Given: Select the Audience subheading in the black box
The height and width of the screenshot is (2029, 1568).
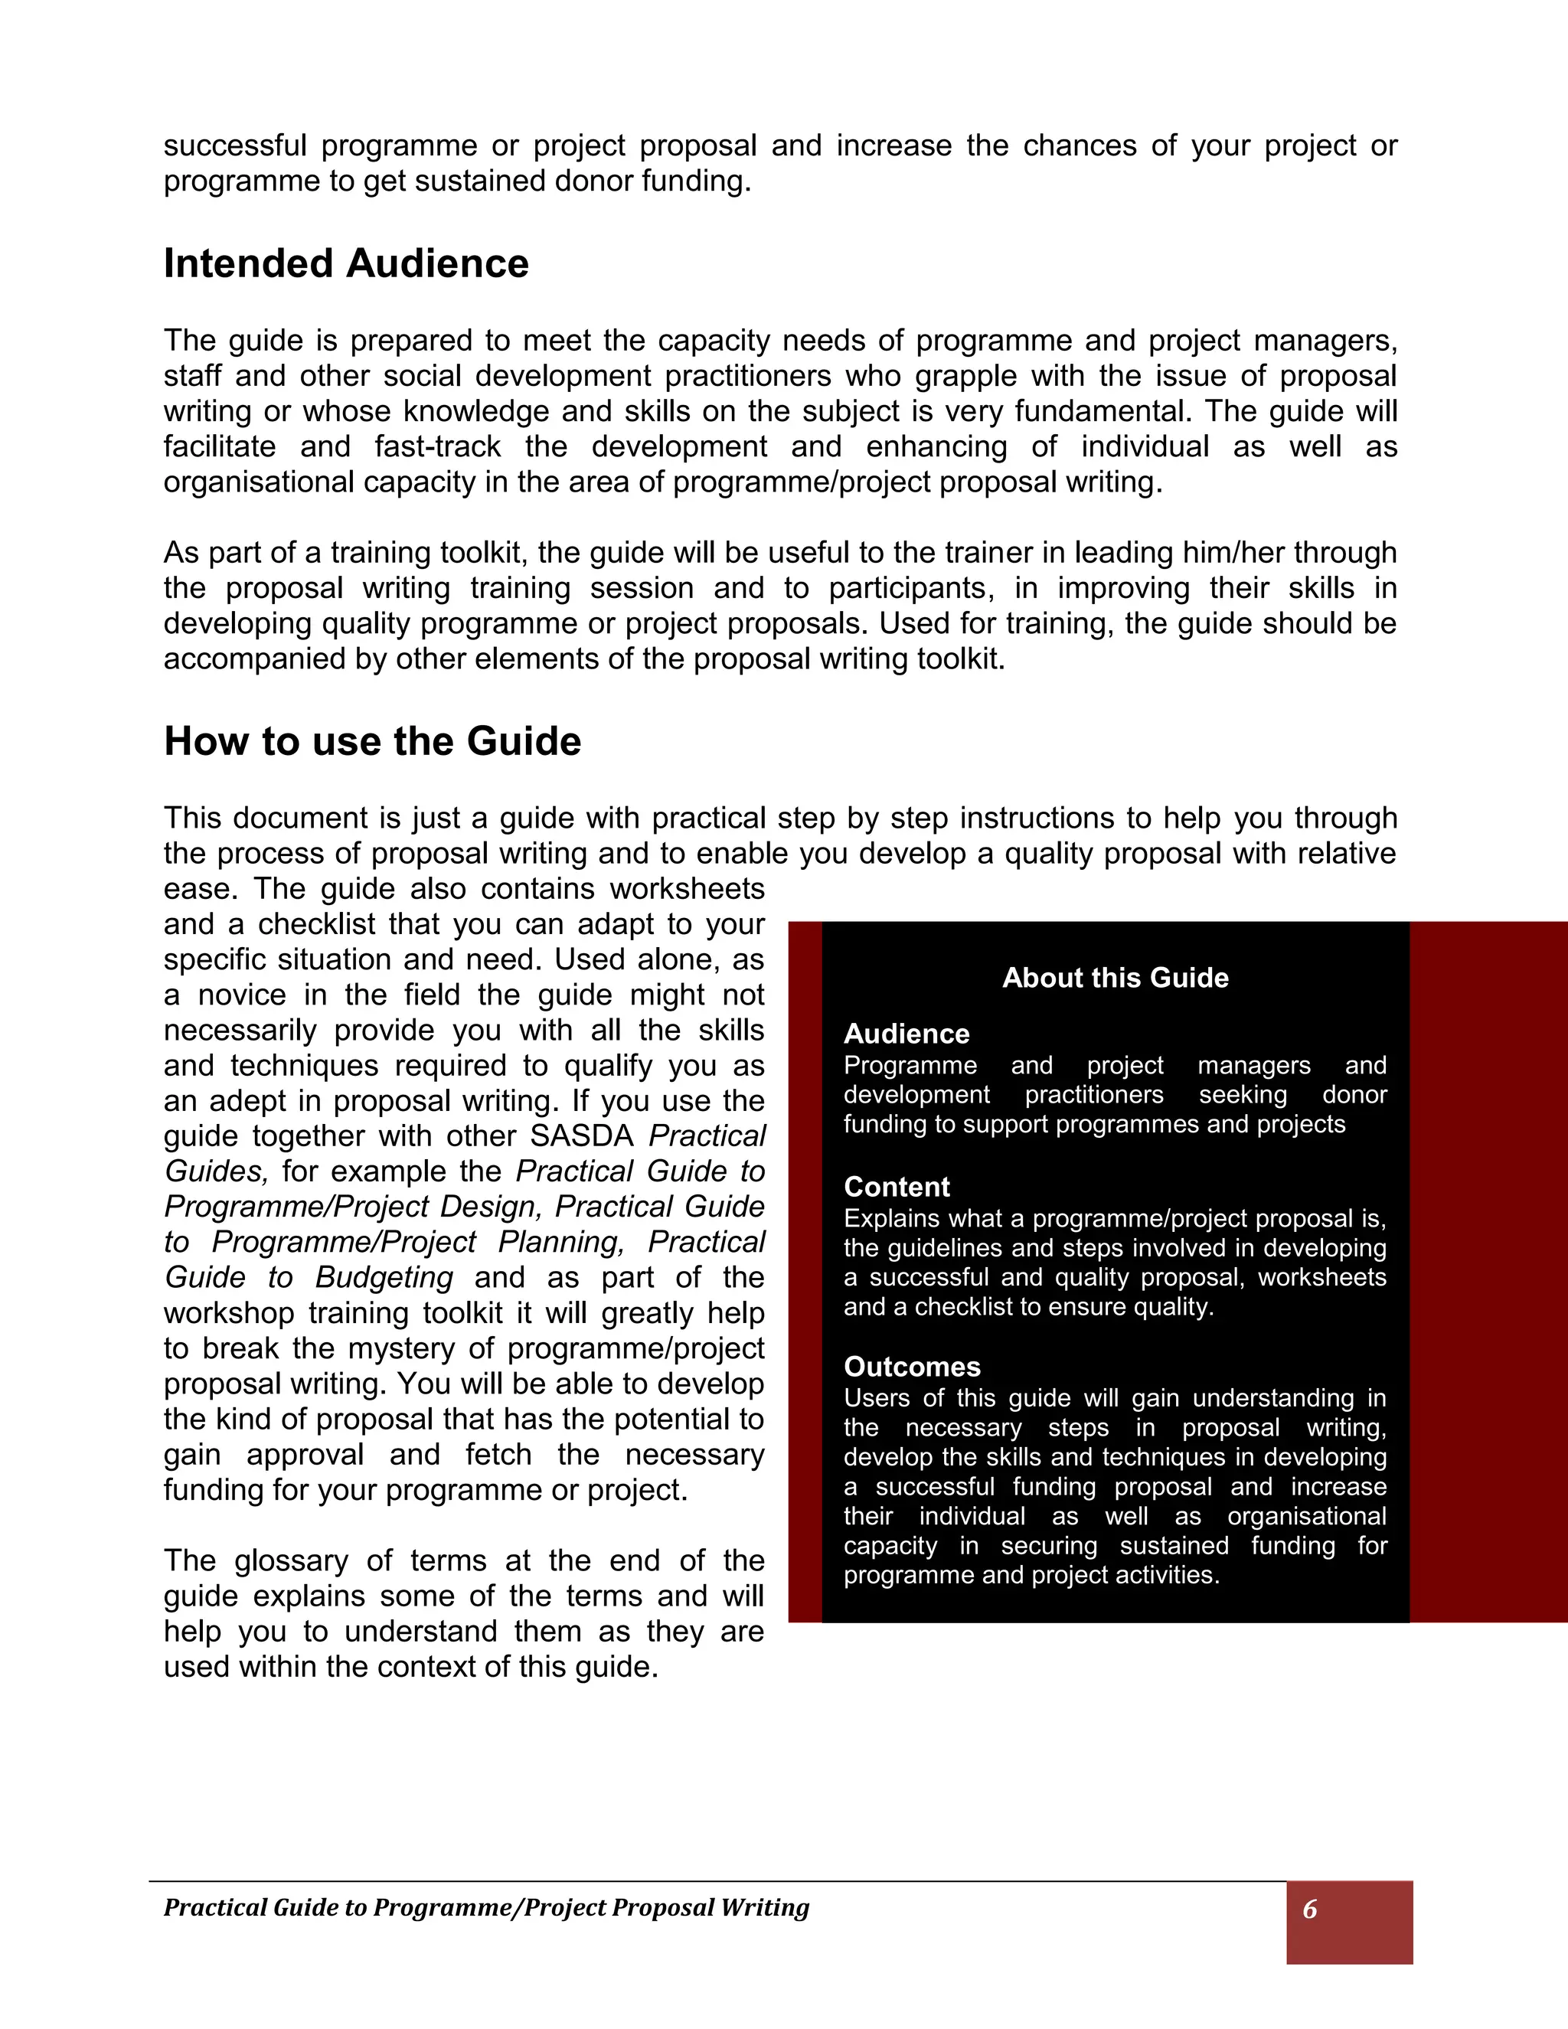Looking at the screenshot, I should tap(906, 1033).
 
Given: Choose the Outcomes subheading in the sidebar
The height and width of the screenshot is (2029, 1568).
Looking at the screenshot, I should tap(911, 1367).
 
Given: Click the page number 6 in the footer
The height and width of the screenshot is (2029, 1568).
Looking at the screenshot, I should tap(1310, 1908).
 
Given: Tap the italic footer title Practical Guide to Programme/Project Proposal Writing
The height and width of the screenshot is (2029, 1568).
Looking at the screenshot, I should tap(486, 1907).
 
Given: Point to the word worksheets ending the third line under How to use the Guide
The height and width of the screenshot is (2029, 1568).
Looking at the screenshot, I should tap(687, 889).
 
